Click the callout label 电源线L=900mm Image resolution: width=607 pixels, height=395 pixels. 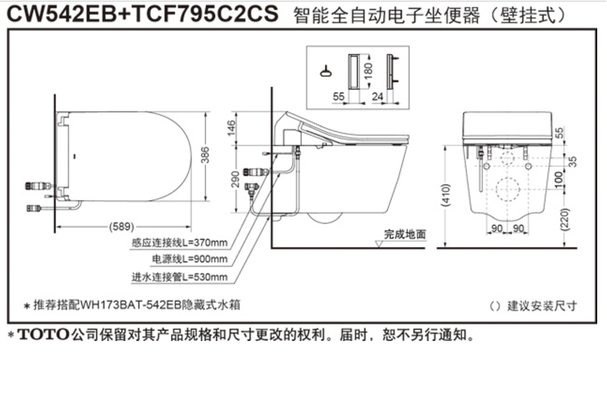click(190, 259)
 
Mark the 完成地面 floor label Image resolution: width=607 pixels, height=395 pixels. click(406, 234)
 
